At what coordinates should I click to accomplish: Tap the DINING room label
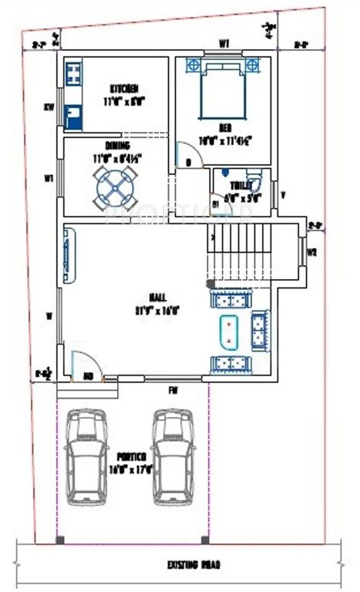tap(117, 145)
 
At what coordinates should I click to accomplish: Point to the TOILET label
tap(242, 185)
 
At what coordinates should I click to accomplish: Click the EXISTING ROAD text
tap(194, 565)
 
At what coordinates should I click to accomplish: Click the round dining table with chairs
tap(115, 186)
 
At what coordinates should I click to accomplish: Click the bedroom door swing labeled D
tap(189, 156)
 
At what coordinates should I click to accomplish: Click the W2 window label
tap(312, 252)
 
